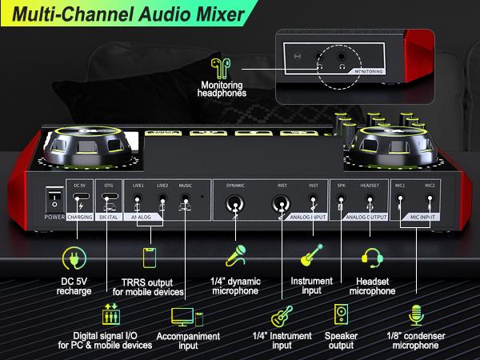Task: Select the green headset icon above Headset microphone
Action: (372, 258)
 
